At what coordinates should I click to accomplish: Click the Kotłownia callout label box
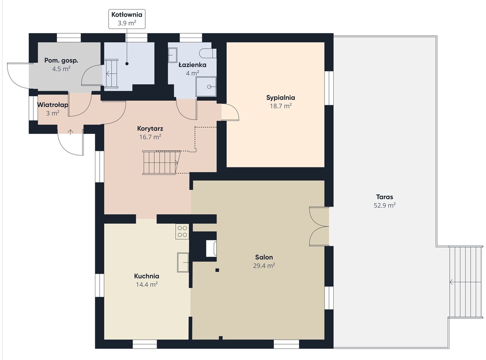click(127, 19)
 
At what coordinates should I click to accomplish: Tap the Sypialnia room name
click(280, 98)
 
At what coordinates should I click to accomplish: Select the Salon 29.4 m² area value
click(264, 266)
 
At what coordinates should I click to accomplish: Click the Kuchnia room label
click(147, 276)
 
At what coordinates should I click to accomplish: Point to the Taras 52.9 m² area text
click(384, 205)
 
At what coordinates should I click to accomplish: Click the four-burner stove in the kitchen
click(182, 232)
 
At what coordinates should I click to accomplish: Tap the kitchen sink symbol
click(183, 262)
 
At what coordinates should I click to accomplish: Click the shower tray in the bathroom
click(206, 87)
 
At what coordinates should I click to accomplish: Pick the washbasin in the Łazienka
click(172, 55)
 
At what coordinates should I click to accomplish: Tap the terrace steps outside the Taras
click(466, 282)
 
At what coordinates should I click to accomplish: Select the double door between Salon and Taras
click(319, 226)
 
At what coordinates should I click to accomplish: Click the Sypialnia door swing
click(230, 112)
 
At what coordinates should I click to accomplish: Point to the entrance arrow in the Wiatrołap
click(70, 132)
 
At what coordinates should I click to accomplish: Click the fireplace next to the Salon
click(211, 248)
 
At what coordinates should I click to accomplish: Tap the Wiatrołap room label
click(53, 105)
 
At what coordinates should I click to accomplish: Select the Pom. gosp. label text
click(61, 60)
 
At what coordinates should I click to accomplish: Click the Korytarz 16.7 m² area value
click(150, 137)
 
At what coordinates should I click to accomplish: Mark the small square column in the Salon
click(217, 270)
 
